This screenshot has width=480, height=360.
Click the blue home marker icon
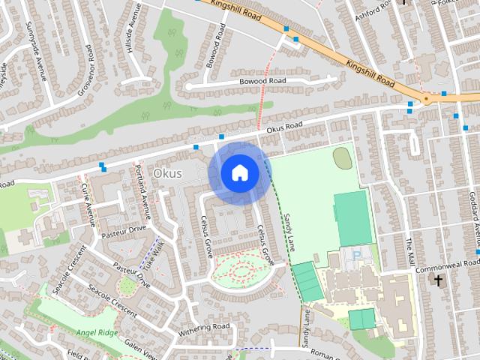(238, 173)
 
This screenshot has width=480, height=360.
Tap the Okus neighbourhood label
(166, 173)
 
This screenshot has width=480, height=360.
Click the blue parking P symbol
(358, 256)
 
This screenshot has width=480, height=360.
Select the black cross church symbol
(438, 280)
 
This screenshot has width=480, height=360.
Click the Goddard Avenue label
(474, 210)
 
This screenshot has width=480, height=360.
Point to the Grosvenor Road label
(77, 72)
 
